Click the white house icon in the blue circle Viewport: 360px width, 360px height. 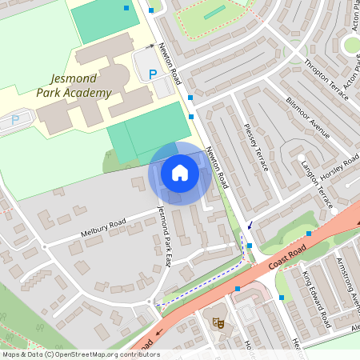tap(180, 173)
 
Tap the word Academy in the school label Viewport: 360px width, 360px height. tap(86, 94)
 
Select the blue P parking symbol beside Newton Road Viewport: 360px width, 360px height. tap(153, 74)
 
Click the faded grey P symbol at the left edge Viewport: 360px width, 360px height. tap(14, 120)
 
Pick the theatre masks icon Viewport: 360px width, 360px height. tap(216, 322)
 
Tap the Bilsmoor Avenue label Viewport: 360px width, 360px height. tap(307, 118)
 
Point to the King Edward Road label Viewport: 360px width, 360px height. tap(316, 299)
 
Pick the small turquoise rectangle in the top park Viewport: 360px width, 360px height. tap(214, 14)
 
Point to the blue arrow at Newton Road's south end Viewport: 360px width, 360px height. tap(250, 225)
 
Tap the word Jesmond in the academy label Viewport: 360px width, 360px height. tap(73, 79)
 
